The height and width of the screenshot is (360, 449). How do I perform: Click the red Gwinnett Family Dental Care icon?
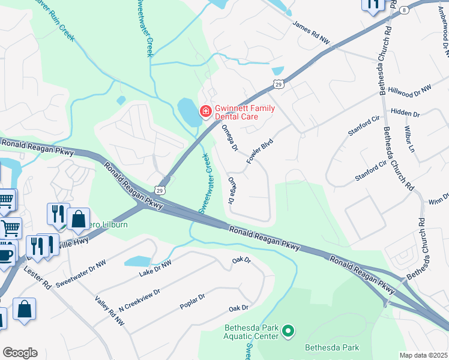tap(205, 111)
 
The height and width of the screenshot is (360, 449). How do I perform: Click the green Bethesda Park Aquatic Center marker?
tap(288, 331)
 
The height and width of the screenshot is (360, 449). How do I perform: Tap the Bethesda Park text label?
tap(332, 347)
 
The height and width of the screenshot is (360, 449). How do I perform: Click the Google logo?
tap(20, 353)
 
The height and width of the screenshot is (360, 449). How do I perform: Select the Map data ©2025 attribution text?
tap(424, 355)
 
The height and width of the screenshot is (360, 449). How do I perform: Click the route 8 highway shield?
tap(405, 10)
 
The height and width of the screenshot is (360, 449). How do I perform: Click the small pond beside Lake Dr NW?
tap(137, 261)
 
